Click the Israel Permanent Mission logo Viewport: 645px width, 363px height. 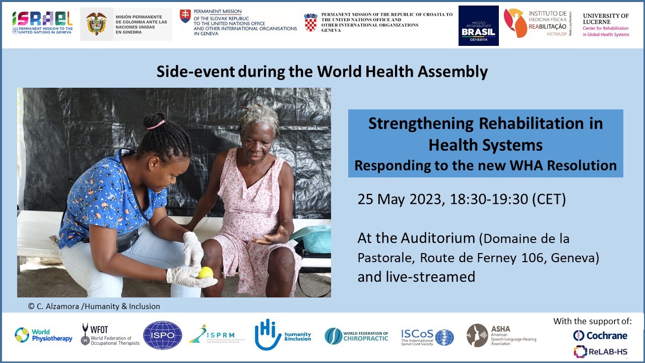42,23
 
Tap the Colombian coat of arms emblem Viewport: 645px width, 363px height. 96,24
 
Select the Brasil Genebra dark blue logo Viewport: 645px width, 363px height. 478,26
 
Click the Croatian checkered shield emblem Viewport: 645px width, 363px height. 310,22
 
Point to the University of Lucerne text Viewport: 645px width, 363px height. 606,19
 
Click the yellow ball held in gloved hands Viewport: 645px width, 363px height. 206,273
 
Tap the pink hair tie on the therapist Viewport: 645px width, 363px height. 156,124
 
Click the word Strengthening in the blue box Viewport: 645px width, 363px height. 421,124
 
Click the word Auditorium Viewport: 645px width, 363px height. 438,238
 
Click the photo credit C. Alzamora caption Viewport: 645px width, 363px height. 94,306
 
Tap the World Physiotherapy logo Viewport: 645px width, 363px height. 43,335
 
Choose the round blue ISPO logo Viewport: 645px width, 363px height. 162,335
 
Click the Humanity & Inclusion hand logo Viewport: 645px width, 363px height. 268,334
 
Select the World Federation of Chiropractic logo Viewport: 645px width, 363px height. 356,336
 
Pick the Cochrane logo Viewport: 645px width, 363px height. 600,335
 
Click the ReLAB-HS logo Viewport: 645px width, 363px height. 600,351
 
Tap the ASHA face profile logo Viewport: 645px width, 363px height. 477,335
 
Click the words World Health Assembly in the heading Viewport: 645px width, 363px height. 402,72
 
